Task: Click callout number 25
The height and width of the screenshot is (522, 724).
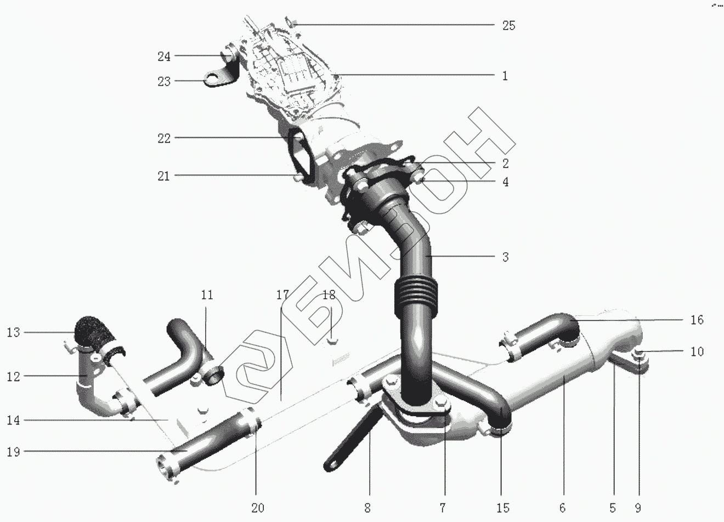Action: (x=509, y=26)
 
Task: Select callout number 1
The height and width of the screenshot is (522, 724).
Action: (x=505, y=76)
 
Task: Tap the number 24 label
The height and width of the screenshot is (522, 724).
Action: (x=164, y=56)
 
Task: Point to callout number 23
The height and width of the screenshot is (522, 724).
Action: (x=164, y=81)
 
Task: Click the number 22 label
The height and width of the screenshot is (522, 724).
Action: (x=164, y=138)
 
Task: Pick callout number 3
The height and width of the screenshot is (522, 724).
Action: (x=506, y=257)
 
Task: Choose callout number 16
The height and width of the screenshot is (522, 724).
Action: (x=697, y=320)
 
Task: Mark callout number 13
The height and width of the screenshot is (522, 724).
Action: (x=13, y=332)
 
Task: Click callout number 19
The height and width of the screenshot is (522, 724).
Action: (x=13, y=452)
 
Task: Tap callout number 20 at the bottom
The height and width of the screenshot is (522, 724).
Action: (x=258, y=508)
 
